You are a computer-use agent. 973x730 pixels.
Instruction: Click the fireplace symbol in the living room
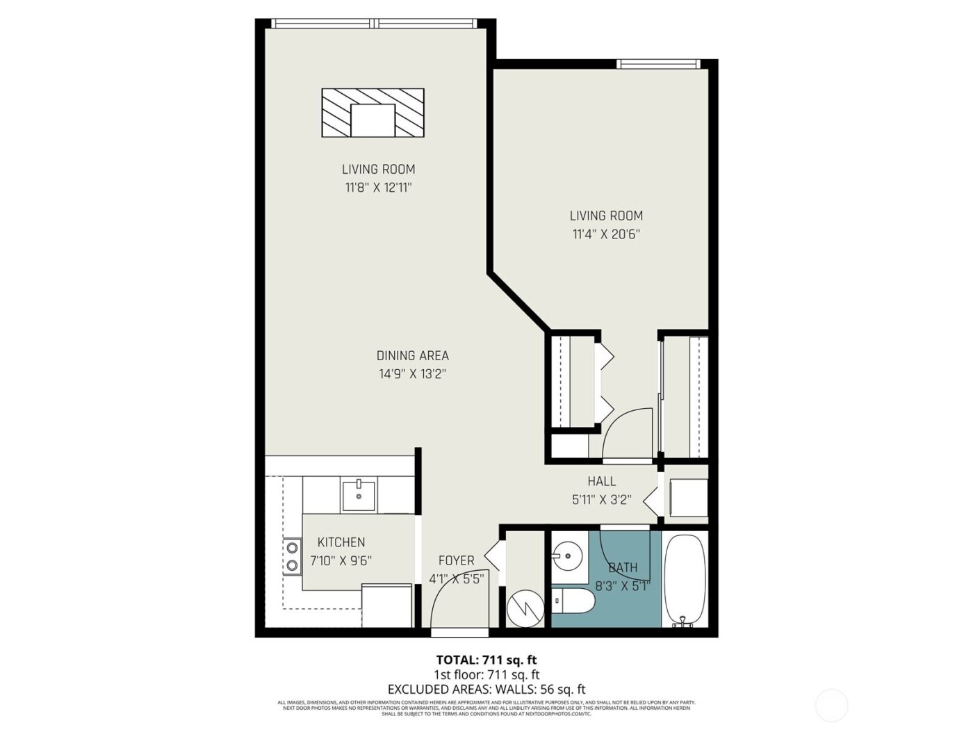[x=373, y=113]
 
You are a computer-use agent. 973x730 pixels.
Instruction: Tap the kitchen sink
[x=358, y=494]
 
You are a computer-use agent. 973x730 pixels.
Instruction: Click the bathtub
[x=685, y=580]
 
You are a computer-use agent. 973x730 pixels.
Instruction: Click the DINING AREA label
[x=412, y=355]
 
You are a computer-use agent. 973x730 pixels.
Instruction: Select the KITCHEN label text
[x=341, y=542]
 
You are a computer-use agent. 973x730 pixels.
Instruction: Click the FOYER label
[x=456, y=560]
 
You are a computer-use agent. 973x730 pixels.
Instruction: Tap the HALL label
[x=601, y=481]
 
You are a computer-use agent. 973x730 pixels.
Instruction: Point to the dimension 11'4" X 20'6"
[x=605, y=234]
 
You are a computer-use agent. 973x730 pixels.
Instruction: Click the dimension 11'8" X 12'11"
[x=378, y=187]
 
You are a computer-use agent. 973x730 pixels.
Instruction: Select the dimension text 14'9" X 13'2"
[x=412, y=374]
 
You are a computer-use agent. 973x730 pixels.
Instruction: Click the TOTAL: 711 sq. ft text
[x=486, y=659]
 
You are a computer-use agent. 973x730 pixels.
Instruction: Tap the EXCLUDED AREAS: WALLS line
[x=486, y=690]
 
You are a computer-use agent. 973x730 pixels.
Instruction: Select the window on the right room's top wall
[x=657, y=65]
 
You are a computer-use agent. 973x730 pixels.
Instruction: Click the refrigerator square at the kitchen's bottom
[x=386, y=606]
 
